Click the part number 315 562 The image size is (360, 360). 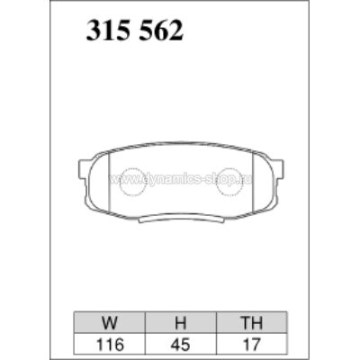tap(134, 32)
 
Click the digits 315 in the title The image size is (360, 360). tap(105, 32)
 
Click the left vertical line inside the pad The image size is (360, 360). tap(108, 184)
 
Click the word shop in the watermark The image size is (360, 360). tap(236, 181)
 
